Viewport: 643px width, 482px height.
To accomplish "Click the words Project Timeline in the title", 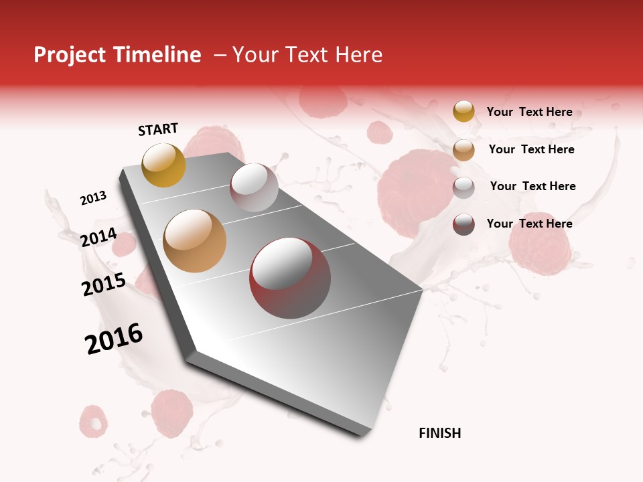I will pos(117,55).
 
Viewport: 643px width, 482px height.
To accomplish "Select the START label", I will pos(158,129).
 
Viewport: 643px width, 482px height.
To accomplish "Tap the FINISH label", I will pos(439,433).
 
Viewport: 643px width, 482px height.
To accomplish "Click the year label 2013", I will pos(93,198).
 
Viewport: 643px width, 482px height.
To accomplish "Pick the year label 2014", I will pos(98,238).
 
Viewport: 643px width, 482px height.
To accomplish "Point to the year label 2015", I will pos(104,285).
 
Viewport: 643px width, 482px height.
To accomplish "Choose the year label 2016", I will pos(114,339).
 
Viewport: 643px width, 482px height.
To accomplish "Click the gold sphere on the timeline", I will pos(163,165).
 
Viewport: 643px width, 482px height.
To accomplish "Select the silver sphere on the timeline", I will pos(254,187).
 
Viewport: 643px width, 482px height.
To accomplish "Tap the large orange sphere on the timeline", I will pos(195,241).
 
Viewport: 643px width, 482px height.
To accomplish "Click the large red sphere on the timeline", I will pos(289,278).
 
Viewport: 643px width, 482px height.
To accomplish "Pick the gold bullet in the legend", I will pos(463,112).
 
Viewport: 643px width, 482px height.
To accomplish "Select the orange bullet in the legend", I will pos(463,150).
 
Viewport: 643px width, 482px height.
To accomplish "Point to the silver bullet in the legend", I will pos(463,187).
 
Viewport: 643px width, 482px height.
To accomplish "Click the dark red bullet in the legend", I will pos(463,224).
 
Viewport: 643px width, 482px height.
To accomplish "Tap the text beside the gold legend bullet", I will pos(529,112).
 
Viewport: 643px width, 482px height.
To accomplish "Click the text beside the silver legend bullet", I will pos(532,186).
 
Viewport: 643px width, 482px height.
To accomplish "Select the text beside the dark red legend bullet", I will pos(529,224).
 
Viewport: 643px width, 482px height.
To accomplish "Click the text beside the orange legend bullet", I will pos(531,149).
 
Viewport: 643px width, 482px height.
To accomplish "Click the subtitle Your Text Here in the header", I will pos(307,55).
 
